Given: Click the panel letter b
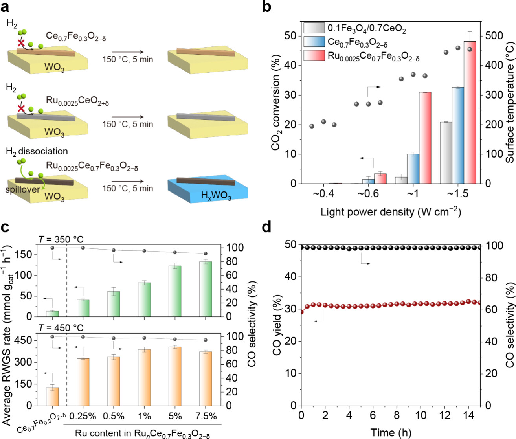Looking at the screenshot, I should pos(266,6).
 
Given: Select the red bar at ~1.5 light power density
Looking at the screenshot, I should pos(470,112).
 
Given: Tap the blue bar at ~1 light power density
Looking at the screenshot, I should pos(413,169).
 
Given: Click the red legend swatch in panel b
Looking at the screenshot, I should pos(314,55).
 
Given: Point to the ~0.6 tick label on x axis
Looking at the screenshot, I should pos(368,194).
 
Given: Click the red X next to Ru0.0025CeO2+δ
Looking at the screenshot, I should pos(21,108).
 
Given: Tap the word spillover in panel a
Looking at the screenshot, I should pos(22,189).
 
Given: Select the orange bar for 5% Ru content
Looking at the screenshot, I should pos(175,376).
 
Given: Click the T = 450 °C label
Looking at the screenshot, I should pos(61,328).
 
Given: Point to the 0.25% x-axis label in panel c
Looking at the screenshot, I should pos(83,416).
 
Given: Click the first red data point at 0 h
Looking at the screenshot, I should pos(301,312).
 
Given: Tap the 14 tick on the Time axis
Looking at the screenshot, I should pos(468,415).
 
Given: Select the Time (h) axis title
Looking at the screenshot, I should pos(391,433).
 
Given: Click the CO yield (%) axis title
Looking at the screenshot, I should pos(277,324).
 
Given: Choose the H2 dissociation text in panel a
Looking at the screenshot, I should pos(37,151).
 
